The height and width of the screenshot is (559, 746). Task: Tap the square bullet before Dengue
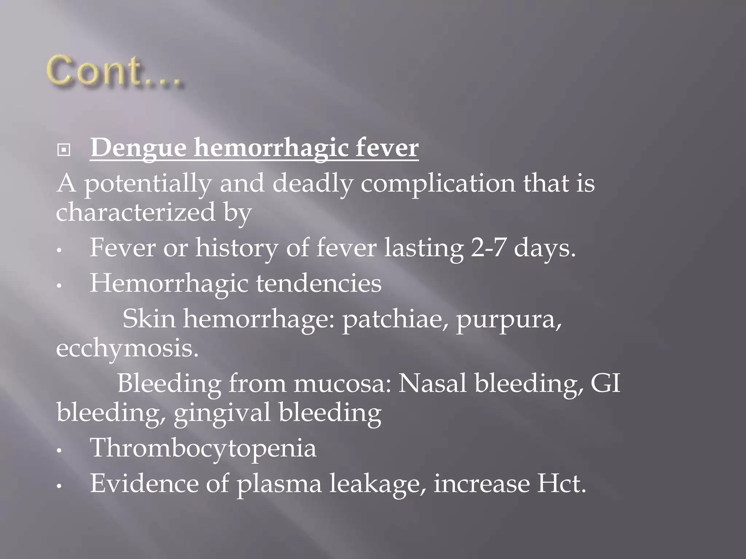(64, 150)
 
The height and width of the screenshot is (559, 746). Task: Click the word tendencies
(318, 284)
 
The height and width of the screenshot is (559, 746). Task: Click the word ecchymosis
(127, 348)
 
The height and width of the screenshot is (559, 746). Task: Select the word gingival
(222, 413)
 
